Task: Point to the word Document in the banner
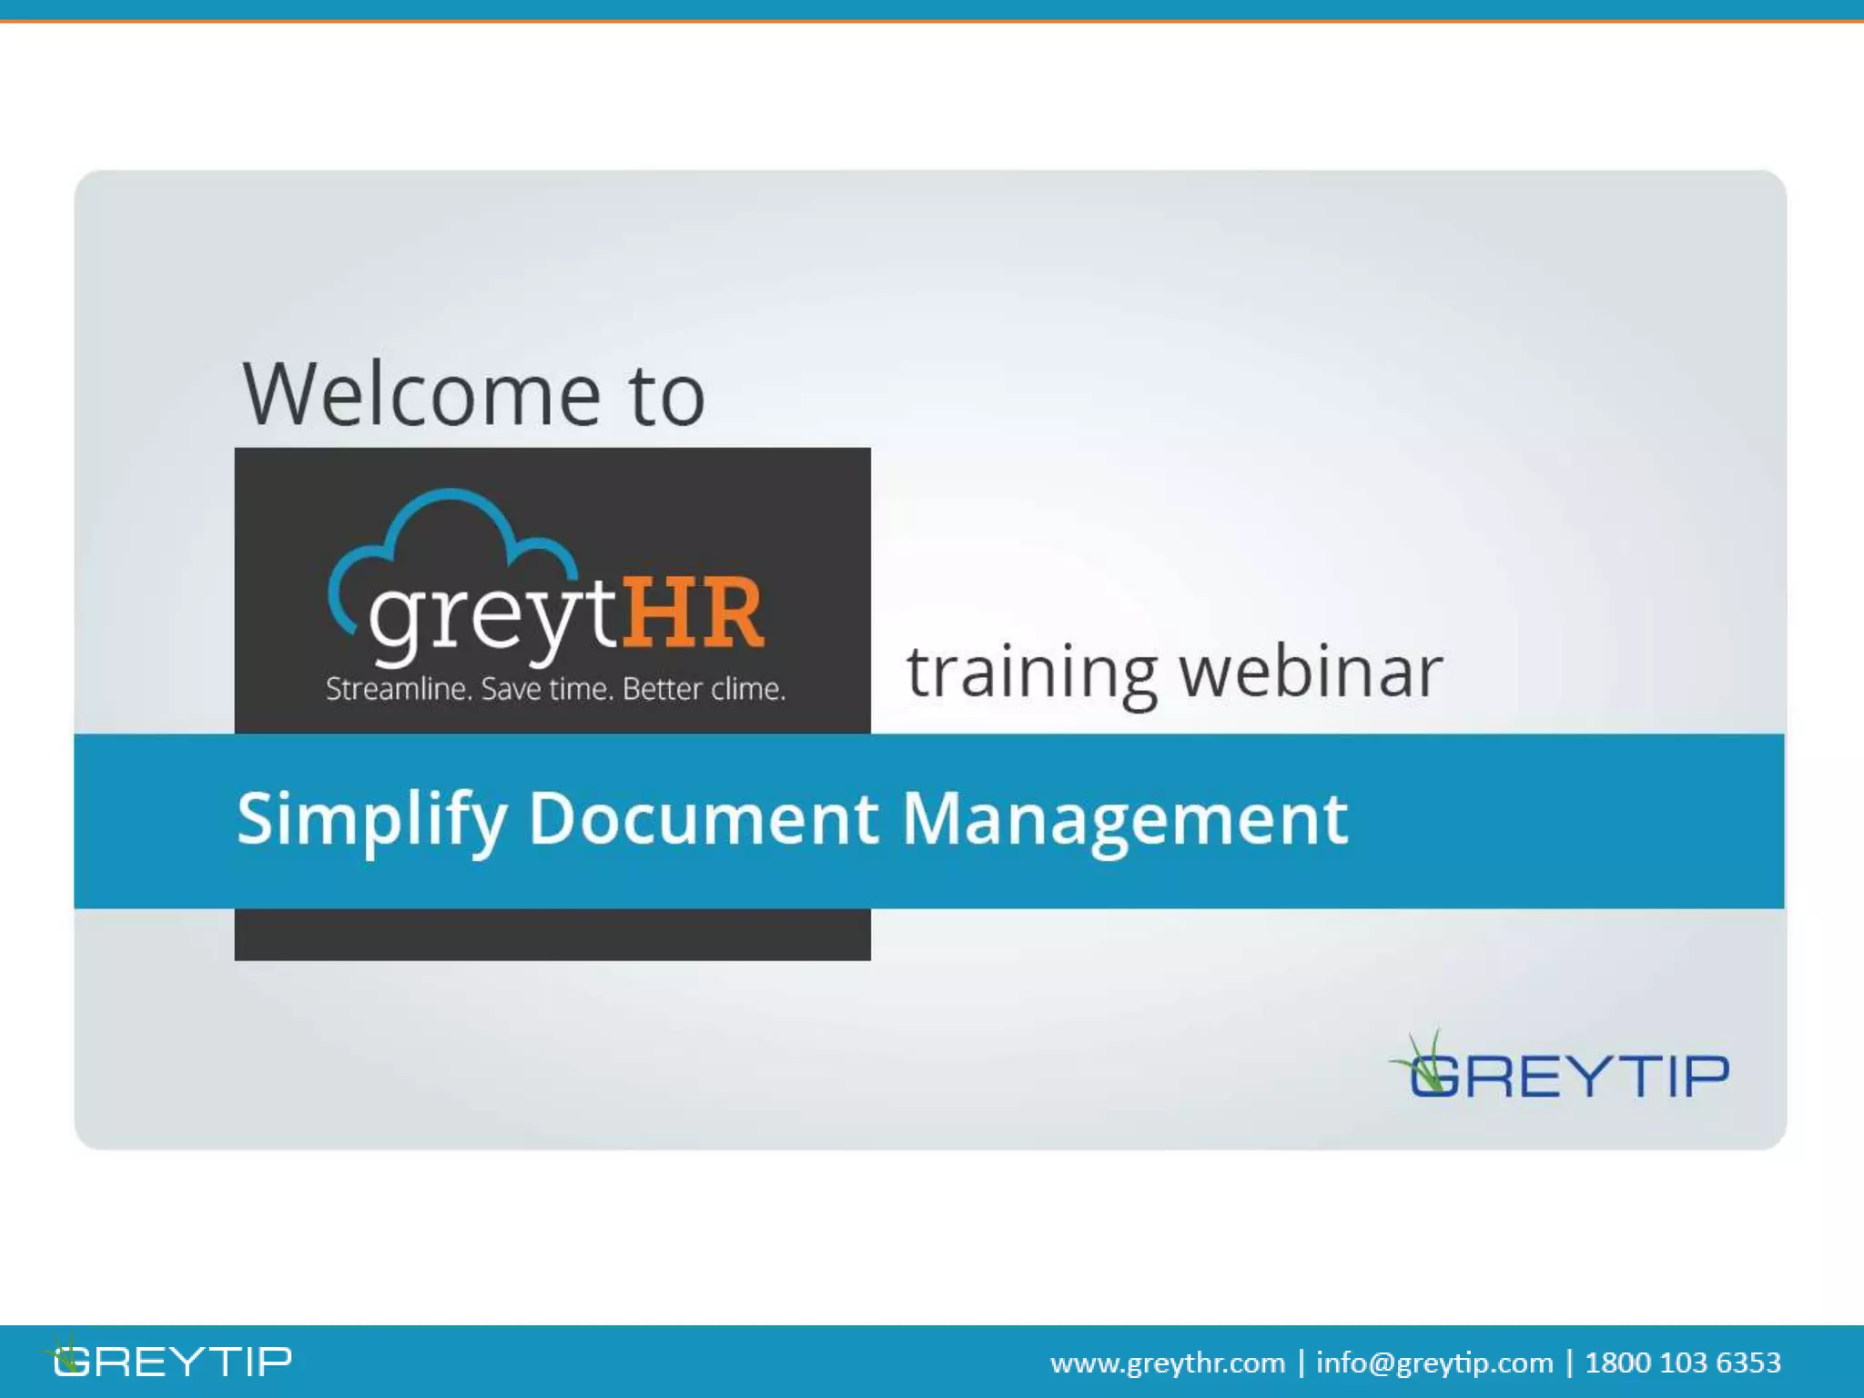pos(703,818)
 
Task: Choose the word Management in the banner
pos(1124,818)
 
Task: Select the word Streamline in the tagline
pos(399,689)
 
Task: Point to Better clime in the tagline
pos(704,689)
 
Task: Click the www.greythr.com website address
pos(1167,1363)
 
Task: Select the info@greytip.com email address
pos(1433,1363)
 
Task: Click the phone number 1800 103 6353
pos(1682,1363)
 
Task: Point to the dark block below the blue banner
pos(552,934)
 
